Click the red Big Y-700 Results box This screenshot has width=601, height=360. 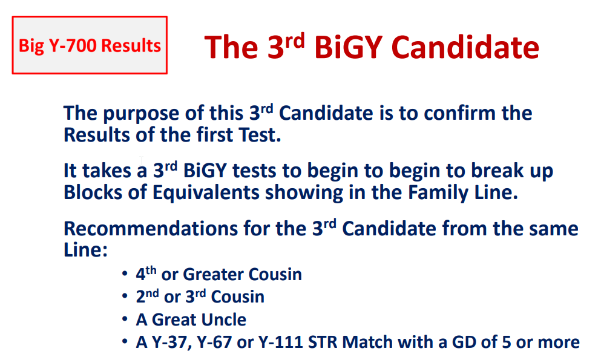coord(90,45)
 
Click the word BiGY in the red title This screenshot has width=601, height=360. coord(349,47)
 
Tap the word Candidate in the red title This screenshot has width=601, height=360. coord(465,47)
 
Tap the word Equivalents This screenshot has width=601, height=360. coord(206,192)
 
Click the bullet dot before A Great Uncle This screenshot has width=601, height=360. coord(125,319)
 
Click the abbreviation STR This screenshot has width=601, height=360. coord(323,342)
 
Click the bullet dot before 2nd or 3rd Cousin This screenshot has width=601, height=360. coord(125,296)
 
